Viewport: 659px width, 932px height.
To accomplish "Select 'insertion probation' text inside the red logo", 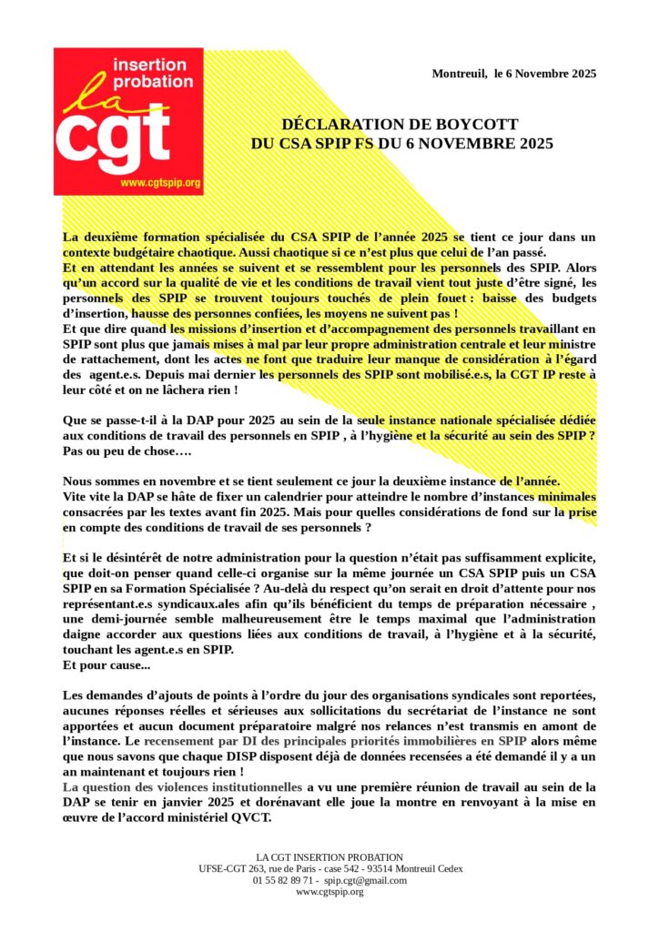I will point(149,73).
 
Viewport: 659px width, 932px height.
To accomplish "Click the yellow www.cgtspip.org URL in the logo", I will point(160,183).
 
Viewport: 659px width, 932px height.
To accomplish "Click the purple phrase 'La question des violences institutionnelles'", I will point(182,785).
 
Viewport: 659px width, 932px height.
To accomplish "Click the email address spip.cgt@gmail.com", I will point(366,880).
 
